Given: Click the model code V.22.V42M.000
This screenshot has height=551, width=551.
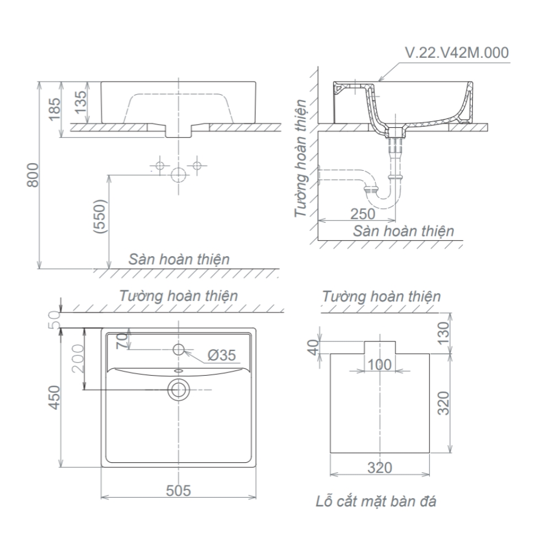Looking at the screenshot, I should click(457, 53).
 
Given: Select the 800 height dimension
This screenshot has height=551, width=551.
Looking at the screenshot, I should click(34, 175).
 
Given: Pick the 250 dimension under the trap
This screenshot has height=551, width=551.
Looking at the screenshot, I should click(363, 213).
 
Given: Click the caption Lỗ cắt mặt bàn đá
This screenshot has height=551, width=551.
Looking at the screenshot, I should click(376, 501).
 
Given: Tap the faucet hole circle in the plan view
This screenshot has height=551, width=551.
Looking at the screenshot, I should click(179, 349).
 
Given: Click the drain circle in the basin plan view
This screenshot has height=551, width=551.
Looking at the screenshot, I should click(179, 389).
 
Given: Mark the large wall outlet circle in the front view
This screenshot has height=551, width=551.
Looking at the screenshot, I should click(179, 175).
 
